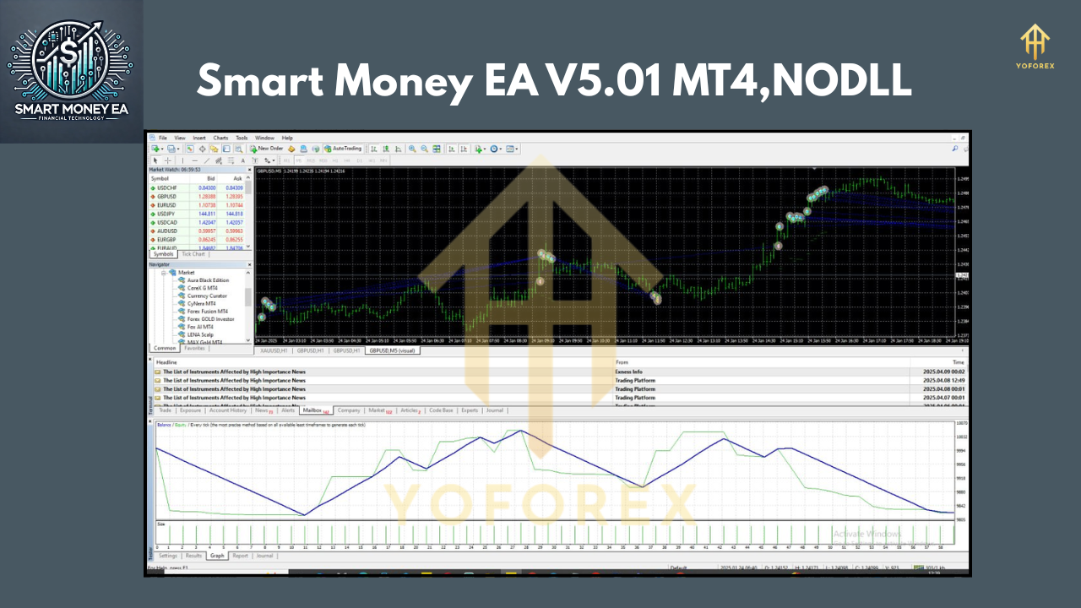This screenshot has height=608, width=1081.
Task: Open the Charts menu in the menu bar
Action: pos(220,138)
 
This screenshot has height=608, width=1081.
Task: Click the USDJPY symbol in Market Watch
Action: pos(166,214)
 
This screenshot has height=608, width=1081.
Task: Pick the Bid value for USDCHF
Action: pos(207,187)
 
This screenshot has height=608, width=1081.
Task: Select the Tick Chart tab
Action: pos(193,254)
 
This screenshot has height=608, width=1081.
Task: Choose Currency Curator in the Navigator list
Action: pos(207,296)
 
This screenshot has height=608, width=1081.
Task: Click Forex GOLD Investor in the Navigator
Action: pos(211,318)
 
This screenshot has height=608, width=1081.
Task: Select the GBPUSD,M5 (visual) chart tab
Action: pos(391,350)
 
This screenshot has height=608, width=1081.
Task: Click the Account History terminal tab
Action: pos(227,410)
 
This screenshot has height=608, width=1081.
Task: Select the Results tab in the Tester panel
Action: pos(193,556)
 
